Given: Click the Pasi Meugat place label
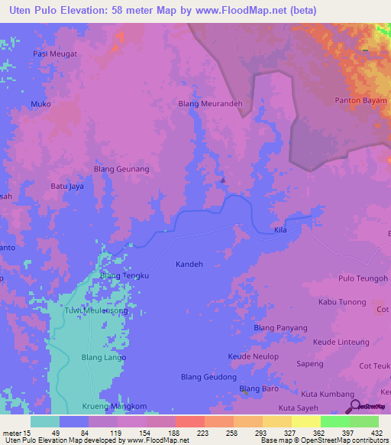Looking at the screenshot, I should click(x=56, y=54).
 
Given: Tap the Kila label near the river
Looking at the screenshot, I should click(x=281, y=230).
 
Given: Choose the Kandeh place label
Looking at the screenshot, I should click(x=189, y=264).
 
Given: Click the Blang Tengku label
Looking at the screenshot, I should click(x=124, y=276).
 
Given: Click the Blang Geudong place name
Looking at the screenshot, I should click(x=207, y=377).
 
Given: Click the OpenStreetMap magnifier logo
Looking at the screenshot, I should click(x=353, y=405).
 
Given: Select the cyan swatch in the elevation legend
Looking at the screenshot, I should click(x=45, y=421).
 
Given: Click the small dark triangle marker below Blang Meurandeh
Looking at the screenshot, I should click(x=222, y=180).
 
